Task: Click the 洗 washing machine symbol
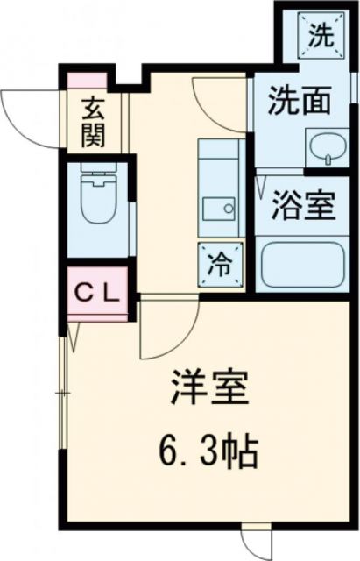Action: (321, 37)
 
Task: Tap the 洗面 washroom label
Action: (300, 103)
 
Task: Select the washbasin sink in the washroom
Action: (325, 147)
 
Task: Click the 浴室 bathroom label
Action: (302, 207)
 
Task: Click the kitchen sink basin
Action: (218, 209)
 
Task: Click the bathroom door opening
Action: (261, 202)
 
